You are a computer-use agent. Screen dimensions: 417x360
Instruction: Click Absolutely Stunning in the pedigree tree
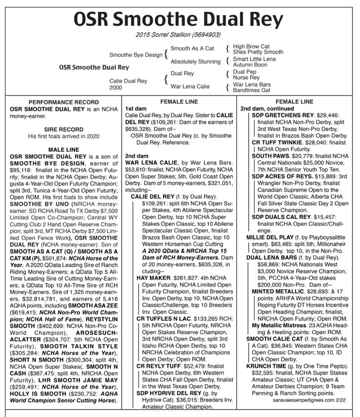pyautogui.click(x=195, y=62)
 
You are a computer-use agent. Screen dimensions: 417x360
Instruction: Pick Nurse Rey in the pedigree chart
pyautogui.click(x=246, y=77)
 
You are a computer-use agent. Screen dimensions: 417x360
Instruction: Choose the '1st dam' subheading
pyautogui.click(x=134, y=108)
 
